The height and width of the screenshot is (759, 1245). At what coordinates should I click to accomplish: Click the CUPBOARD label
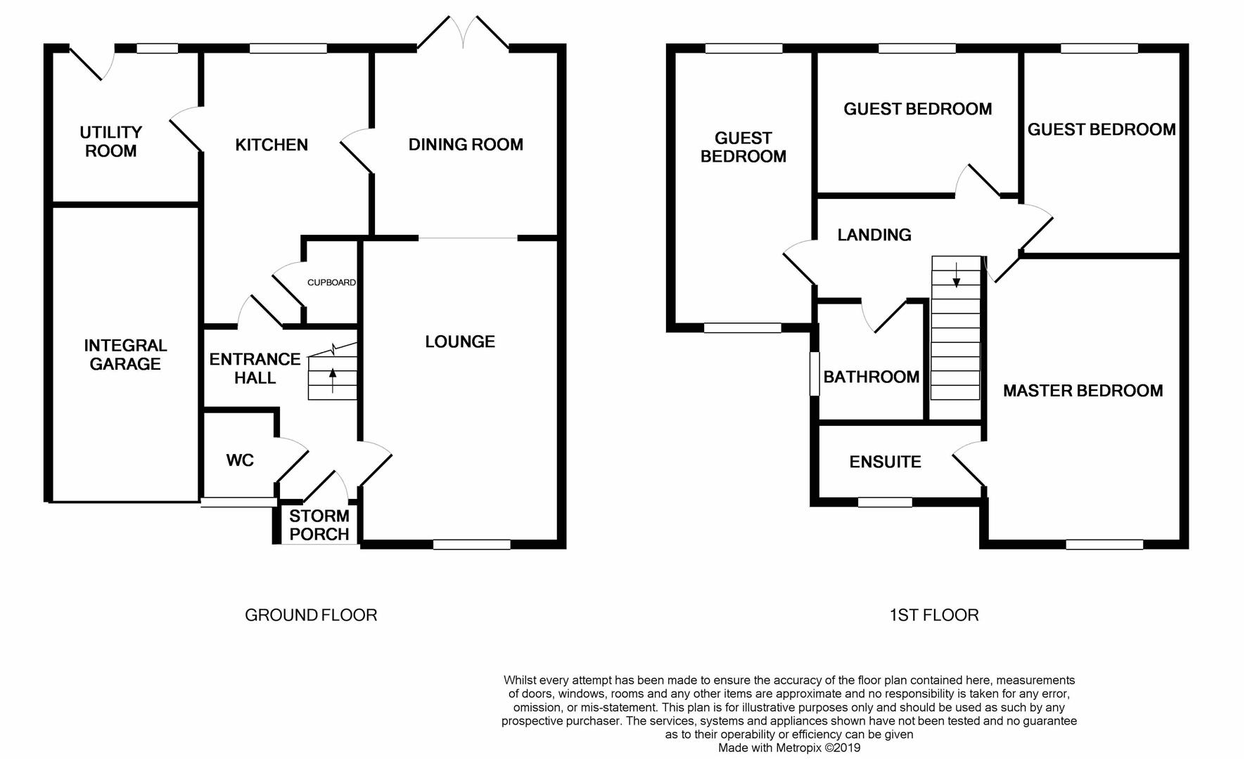pos(331,283)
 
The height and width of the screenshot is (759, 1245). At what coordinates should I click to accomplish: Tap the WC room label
pos(240,460)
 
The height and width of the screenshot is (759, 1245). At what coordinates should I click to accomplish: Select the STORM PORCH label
pos(319,525)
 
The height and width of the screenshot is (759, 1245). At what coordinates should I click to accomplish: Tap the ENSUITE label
pos(885,462)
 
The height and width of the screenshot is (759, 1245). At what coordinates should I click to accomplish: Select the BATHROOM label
pos(871,377)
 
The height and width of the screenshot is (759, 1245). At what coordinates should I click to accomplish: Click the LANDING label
pos(874,235)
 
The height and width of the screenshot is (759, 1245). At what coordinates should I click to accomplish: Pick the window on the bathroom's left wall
pos(815,373)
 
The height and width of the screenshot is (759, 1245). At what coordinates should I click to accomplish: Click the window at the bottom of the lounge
pos(471,544)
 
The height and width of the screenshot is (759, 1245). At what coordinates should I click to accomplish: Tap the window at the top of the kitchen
pos(288,48)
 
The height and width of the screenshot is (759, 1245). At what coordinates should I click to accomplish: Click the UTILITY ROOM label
pos(110,141)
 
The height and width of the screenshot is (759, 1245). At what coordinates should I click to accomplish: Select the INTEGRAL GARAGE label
pos(125,354)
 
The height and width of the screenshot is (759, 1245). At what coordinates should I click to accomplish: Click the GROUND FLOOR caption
pos(311,615)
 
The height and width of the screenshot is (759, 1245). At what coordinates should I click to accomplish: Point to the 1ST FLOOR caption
pos(933,615)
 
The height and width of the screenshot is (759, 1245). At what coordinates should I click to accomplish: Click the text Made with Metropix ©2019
pos(788,748)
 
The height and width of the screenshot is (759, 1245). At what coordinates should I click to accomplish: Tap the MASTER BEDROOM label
pos(1083,391)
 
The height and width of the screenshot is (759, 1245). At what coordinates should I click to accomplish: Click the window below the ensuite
pos(884,502)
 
